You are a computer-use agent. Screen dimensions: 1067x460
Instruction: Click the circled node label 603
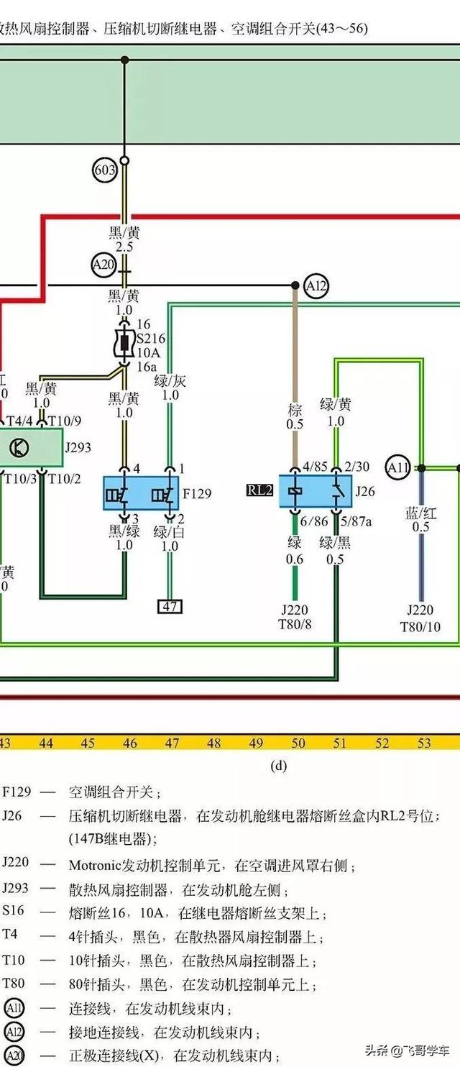(105, 170)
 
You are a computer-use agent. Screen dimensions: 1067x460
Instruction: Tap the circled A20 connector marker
(103, 265)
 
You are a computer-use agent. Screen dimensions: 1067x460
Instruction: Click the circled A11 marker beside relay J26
(398, 468)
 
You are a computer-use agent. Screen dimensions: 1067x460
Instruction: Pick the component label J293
(79, 447)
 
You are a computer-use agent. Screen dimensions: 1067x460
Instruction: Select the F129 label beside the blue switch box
(197, 493)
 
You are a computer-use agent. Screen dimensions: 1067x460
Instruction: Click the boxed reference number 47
(170, 607)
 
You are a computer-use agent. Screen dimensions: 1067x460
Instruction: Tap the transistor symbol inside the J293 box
(19, 447)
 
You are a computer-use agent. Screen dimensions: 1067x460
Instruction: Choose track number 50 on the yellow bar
(298, 743)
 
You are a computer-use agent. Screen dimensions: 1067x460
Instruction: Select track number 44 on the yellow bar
(46, 743)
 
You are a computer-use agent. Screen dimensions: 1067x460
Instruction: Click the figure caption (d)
(278, 765)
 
